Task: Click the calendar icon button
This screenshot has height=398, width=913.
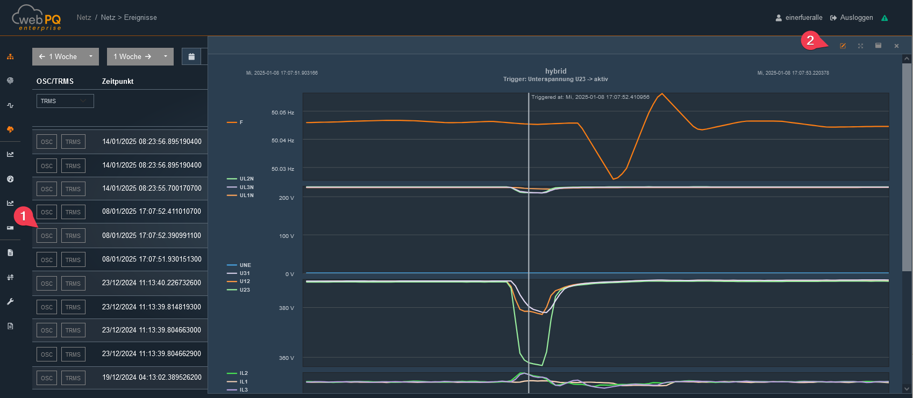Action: [191, 56]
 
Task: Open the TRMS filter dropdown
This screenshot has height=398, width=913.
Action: [65, 101]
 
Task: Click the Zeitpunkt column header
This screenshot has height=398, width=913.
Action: [117, 81]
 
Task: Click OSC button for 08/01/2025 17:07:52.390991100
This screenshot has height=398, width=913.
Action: [47, 236]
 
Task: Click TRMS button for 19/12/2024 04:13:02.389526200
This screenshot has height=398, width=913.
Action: [73, 378]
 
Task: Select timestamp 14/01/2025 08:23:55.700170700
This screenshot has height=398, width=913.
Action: [152, 189]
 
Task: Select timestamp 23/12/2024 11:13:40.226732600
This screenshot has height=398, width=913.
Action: [152, 283]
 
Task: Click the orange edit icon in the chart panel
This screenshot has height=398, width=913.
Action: [843, 46]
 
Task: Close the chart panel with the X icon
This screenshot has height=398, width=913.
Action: [896, 46]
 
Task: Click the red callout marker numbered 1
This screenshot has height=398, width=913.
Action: [24, 216]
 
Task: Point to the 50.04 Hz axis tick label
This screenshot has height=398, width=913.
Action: [283, 140]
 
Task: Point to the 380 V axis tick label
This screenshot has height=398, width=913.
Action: [287, 308]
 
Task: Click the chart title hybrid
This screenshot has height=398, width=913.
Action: [556, 71]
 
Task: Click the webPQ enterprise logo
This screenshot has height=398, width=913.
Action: [37, 18]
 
